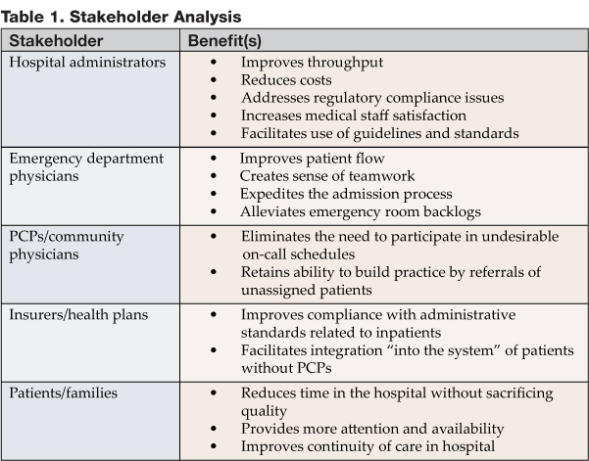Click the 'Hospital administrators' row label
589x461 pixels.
click(88, 62)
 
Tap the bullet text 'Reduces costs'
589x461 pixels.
click(286, 79)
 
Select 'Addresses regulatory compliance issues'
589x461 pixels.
click(371, 97)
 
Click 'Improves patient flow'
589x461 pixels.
click(313, 157)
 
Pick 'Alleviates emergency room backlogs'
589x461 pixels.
click(362, 210)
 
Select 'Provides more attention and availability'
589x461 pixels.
click(372, 429)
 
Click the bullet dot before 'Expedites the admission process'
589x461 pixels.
click(215, 193)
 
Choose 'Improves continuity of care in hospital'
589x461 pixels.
click(370, 446)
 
